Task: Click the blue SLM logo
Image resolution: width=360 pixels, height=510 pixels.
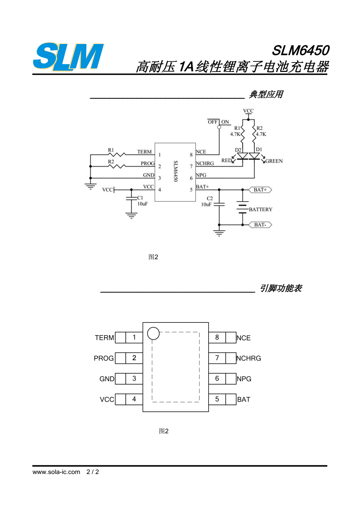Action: [68, 56]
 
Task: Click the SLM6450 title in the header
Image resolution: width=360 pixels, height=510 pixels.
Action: [301, 50]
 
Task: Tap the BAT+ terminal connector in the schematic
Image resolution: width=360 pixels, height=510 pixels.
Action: [260, 190]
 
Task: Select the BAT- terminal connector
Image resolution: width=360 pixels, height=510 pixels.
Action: [260, 225]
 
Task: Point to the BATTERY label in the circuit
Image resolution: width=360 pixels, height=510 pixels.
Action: [260, 209]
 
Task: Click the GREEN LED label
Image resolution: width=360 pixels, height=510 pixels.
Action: [274, 161]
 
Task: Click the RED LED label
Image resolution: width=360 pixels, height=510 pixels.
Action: [226, 161]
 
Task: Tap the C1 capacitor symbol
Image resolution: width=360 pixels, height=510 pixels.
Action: [131, 198]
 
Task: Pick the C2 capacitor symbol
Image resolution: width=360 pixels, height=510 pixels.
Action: [219, 204]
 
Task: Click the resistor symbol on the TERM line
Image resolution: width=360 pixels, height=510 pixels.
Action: [117, 154]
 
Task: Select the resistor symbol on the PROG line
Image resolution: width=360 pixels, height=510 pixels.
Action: [117, 166]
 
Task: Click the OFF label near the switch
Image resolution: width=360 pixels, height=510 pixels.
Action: [213, 122]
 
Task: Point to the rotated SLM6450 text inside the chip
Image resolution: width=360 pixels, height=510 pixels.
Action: [175, 171]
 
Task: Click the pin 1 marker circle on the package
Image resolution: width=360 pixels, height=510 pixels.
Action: [153, 333]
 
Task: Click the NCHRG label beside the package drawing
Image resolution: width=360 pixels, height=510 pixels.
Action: [249, 358]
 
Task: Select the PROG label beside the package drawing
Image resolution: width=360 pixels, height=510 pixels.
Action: [104, 358]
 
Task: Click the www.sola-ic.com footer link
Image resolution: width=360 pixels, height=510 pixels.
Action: [56, 472]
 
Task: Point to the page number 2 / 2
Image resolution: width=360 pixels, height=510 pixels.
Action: [93, 472]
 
